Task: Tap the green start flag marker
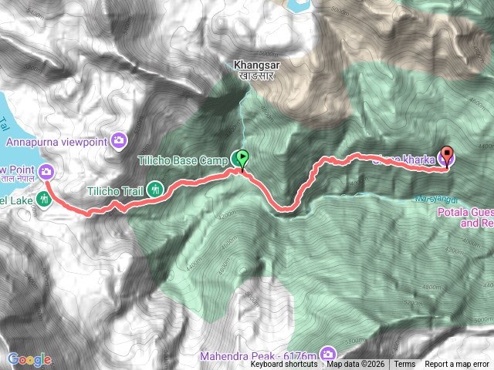click(242, 160)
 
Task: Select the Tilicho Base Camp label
click(182, 160)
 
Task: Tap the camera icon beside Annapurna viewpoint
click(119, 140)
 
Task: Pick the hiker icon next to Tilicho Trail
click(156, 187)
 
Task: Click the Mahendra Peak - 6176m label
click(258, 356)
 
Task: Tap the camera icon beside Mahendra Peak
click(330, 352)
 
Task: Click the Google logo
click(30, 359)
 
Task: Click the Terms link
click(404, 365)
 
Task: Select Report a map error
click(458, 365)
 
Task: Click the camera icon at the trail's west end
click(46, 171)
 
